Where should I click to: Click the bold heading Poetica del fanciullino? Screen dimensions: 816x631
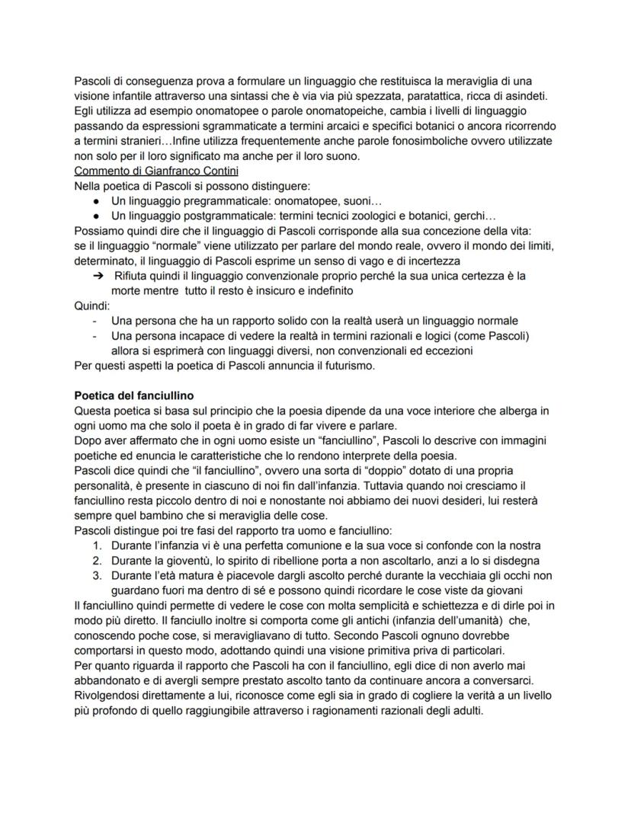point(133,395)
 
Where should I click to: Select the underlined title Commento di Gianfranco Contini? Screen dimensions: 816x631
point(145,171)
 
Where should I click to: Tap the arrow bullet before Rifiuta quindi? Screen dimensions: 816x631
point(98,276)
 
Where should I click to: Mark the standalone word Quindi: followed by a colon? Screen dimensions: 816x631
point(92,306)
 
